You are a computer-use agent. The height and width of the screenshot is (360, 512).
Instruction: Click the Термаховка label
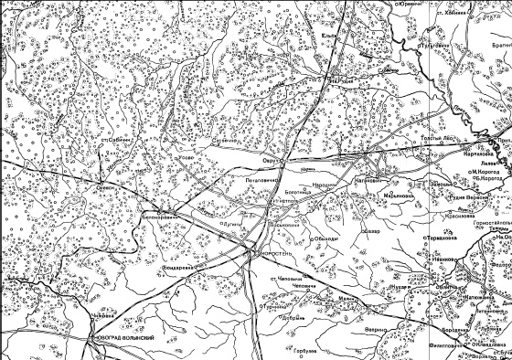click(x=444, y=239)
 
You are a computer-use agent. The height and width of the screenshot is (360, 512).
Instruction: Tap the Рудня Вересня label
click(x=466, y=196)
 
